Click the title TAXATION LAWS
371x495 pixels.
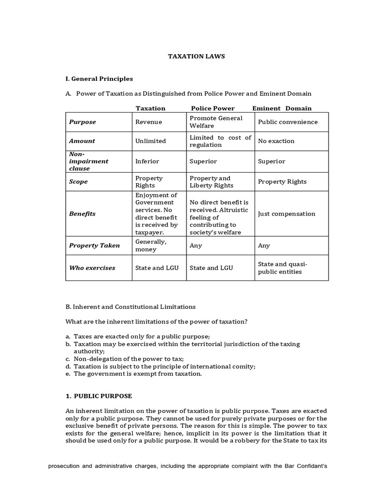[196, 56]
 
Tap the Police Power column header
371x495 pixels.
[213, 108]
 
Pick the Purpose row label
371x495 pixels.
[83, 122]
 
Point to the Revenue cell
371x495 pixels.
[149, 122]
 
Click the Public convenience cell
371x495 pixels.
[287, 122]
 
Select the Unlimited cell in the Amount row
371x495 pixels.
[151, 141]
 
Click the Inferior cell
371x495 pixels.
[147, 161]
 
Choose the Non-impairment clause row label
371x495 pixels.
[88, 161]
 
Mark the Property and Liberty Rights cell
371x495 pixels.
[211, 182]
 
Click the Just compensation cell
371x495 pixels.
[286, 214]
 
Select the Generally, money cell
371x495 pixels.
[151, 246]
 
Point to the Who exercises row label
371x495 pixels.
[92, 268]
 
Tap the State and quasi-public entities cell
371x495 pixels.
[283, 268]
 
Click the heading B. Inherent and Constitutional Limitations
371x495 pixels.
[130, 306]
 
